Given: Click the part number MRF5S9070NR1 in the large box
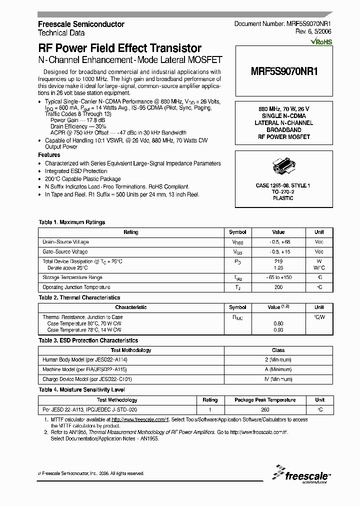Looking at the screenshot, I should pyautogui.click(x=284, y=71).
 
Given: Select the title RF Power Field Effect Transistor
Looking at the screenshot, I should pyautogui.click(x=120, y=48).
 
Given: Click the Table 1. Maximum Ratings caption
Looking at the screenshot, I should pyautogui.click(x=72, y=222).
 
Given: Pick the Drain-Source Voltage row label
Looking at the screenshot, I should pyautogui.click(x=65, y=242).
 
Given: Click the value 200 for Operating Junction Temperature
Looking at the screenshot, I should pyautogui.click(x=278, y=287).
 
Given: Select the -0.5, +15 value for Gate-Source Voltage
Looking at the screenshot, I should pyautogui.click(x=278, y=252).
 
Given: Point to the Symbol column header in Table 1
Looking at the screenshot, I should pyautogui.click(x=237, y=232).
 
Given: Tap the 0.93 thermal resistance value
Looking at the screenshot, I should pyautogui.click(x=278, y=330).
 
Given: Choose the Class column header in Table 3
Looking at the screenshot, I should pyautogui.click(x=278, y=350).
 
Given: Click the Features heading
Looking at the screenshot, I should pyautogui.click(x=49, y=155).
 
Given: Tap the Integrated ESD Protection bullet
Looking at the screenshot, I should pyautogui.click(x=76, y=171).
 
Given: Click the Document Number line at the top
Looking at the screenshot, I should pyautogui.click(x=283, y=24).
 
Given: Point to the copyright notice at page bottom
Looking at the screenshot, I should pyautogui.click(x=91, y=473).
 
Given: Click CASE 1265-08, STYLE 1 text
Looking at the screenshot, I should pyautogui.click(x=283, y=185).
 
